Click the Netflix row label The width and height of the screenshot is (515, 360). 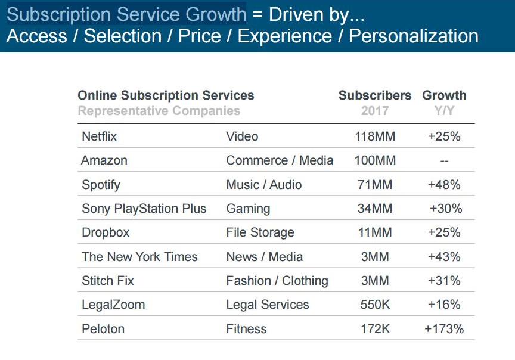pos(99,136)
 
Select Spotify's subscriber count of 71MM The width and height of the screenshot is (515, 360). pos(374,185)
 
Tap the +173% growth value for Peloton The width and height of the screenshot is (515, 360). pos(444,329)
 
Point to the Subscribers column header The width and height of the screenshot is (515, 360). pos(375,95)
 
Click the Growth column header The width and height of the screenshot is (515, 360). pos(444,95)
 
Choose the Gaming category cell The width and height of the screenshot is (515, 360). pos(248,209)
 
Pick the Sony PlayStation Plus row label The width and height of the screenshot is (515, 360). pos(144,209)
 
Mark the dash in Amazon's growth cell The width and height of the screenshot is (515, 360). pos(444,161)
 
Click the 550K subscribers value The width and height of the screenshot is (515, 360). pos(374,305)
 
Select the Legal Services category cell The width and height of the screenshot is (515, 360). pos(268,305)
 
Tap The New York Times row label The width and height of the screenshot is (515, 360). pos(139,257)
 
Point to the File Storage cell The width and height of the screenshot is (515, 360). pos(260,232)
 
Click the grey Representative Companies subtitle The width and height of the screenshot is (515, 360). pos(159,111)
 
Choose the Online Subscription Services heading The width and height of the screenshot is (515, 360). pos(166,95)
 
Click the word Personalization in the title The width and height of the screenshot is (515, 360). pos(414,36)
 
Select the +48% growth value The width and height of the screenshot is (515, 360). pos(444,185)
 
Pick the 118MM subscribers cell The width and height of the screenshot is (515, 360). pos(374,136)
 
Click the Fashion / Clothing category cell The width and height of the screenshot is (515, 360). pos(277,281)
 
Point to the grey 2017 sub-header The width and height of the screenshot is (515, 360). pos(375,111)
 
